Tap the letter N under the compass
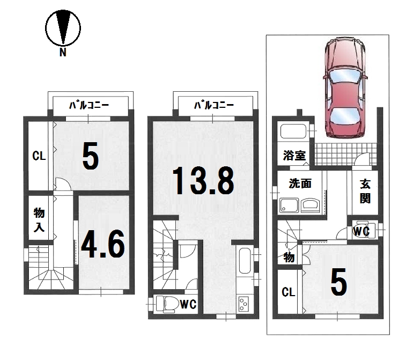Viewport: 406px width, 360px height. (63, 53)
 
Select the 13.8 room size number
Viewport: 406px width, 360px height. (203, 180)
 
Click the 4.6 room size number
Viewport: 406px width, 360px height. (103, 244)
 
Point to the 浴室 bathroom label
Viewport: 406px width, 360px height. (294, 156)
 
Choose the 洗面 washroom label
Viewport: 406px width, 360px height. (300, 183)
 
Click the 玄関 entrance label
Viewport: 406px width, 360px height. (365, 191)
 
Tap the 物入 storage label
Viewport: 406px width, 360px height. (39, 220)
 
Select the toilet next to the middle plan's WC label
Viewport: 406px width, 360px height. (166, 304)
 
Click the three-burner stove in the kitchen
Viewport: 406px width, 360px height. (243, 304)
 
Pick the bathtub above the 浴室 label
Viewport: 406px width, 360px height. (293, 131)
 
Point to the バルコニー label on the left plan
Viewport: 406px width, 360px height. (89, 105)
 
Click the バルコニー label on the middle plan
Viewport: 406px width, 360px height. (214, 105)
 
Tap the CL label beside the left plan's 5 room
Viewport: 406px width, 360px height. (39, 156)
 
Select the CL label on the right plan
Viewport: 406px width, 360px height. (288, 292)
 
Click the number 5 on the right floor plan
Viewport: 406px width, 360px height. (338, 282)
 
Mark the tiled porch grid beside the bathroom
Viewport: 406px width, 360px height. (345, 155)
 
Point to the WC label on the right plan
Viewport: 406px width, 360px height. (361, 231)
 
